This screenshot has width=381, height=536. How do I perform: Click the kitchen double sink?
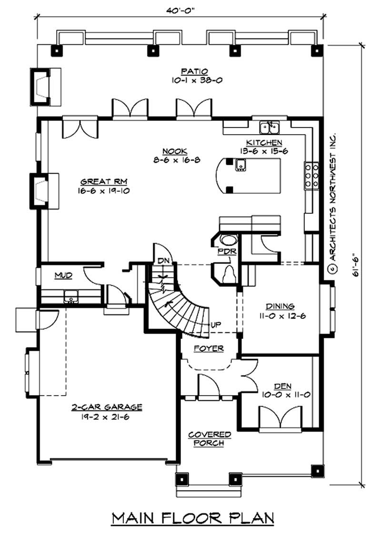(270, 127)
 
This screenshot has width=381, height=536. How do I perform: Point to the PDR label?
(224, 251)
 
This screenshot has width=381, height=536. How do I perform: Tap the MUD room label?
(62, 275)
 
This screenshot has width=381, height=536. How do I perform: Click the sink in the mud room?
(71, 298)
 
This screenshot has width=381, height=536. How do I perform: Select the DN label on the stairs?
(163, 260)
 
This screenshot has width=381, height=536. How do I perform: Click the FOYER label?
(209, 348)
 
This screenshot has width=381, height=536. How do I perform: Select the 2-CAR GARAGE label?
(107, 407)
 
